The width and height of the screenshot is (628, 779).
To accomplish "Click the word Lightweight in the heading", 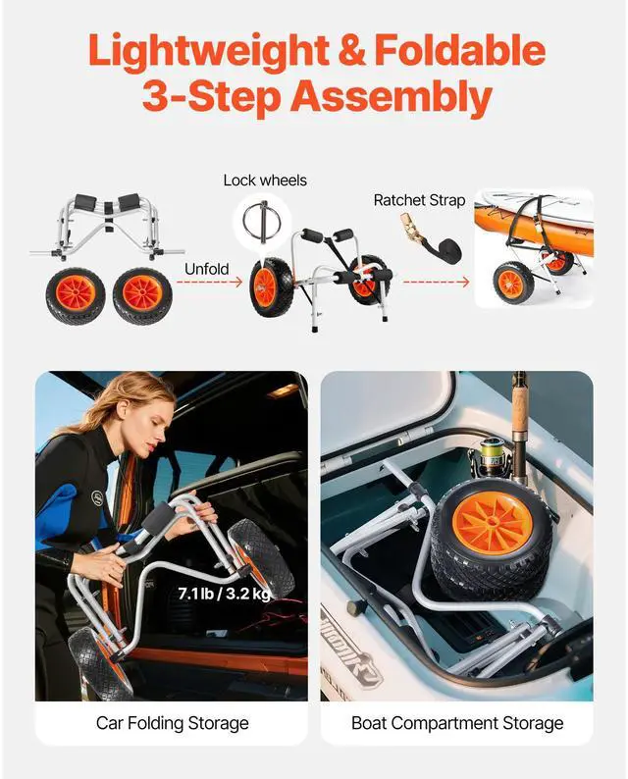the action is pos(209,52).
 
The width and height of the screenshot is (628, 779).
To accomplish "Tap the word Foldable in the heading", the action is pos(460,50).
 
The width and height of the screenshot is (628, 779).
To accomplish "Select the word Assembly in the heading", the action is pos(391,97).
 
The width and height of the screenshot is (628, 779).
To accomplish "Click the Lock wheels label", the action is pos(265,180).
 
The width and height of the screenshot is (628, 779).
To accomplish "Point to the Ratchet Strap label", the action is pos(419,200).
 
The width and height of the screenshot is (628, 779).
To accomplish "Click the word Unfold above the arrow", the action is pos(207,269).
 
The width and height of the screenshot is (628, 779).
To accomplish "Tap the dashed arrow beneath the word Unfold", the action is pos(209,283).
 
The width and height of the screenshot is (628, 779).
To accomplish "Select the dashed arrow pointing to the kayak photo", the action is pos(437,283).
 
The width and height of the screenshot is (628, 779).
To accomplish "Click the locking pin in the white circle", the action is pos(262,220).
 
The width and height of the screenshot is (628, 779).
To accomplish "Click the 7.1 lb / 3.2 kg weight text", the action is pos(225,594).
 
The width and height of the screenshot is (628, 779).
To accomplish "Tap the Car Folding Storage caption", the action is pos(173,723).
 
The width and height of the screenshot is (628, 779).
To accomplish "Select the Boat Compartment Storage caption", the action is pos(457,723).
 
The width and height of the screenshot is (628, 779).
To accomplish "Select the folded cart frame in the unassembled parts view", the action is pos(107,227).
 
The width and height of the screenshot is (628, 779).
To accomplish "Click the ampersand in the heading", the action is pos(351,51).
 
